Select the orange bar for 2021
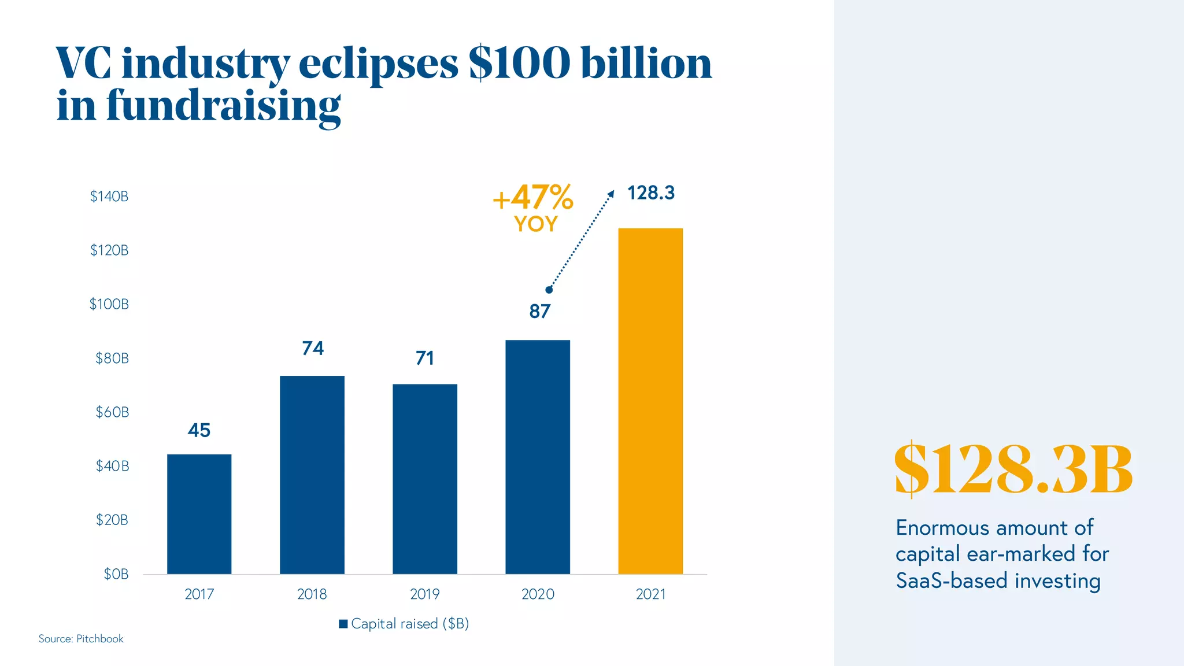tap(650, 401)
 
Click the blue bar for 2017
tap(199, 514)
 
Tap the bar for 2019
tap(425, 479)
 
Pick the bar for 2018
tap(312, 475)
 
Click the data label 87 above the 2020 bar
tap(540, 312)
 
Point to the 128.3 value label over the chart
tap(651, 193)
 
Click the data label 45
tap(199, 430)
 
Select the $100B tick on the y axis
tap(109, 304)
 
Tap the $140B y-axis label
tap(109, 197)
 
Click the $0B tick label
tap(116, 574)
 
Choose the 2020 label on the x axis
tap(538, 594)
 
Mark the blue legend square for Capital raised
tap(343, 624)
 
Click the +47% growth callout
tap(533, 198)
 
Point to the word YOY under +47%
tap(536, 224)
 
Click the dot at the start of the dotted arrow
tap(549, 290)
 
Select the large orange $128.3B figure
tap(1013, 469)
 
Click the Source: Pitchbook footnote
tap(81, 639)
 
